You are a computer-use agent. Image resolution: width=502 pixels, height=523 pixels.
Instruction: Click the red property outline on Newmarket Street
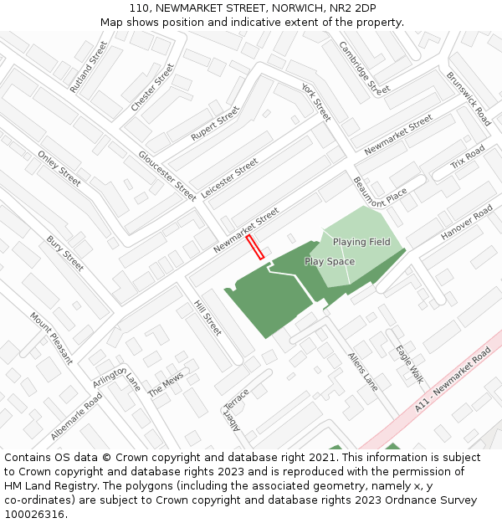(255, 247)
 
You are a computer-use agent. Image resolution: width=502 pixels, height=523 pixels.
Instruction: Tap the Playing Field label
(361, 242)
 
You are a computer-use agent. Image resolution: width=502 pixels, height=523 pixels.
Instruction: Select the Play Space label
(330, 262)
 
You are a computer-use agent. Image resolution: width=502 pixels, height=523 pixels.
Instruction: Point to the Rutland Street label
(89, 66)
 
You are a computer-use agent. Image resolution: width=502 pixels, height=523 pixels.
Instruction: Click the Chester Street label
(152, 88)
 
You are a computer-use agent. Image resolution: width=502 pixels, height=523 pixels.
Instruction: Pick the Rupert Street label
(215, 123)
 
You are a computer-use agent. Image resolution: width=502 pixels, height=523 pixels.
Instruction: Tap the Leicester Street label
(230, 178)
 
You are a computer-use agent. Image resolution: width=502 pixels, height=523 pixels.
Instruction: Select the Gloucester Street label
(167, 176)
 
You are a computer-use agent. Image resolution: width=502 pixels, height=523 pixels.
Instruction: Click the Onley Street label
(59, 168)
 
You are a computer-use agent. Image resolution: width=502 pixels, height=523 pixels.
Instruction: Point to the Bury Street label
(65, 254)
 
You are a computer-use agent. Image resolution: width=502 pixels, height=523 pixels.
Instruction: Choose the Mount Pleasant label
(51, 338)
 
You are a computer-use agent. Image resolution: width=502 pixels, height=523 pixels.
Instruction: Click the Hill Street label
(207, 318)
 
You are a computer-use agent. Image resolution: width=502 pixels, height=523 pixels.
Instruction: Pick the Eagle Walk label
(410, 366)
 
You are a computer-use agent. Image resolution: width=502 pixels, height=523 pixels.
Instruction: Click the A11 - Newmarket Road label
(453, 382)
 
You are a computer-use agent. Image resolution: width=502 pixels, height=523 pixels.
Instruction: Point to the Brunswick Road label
(469, 98)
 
